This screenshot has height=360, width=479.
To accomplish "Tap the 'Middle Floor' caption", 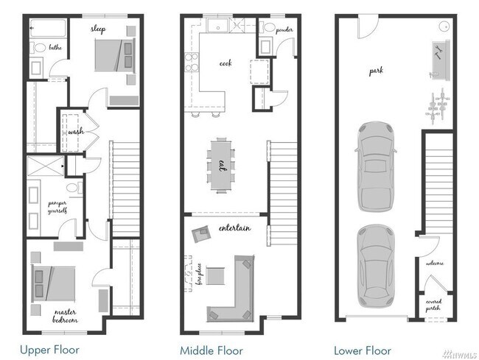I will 211,350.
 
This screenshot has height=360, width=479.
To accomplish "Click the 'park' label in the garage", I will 376,71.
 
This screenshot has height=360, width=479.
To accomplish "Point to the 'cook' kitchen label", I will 225,63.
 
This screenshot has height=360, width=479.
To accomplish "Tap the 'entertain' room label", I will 234,228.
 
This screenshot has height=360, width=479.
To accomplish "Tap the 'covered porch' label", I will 433,303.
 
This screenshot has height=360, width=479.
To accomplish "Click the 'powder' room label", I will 284,30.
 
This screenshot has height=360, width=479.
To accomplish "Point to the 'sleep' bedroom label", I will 98,29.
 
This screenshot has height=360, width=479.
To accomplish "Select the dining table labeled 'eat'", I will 221,163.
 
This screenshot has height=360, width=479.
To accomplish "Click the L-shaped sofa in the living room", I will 231,291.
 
